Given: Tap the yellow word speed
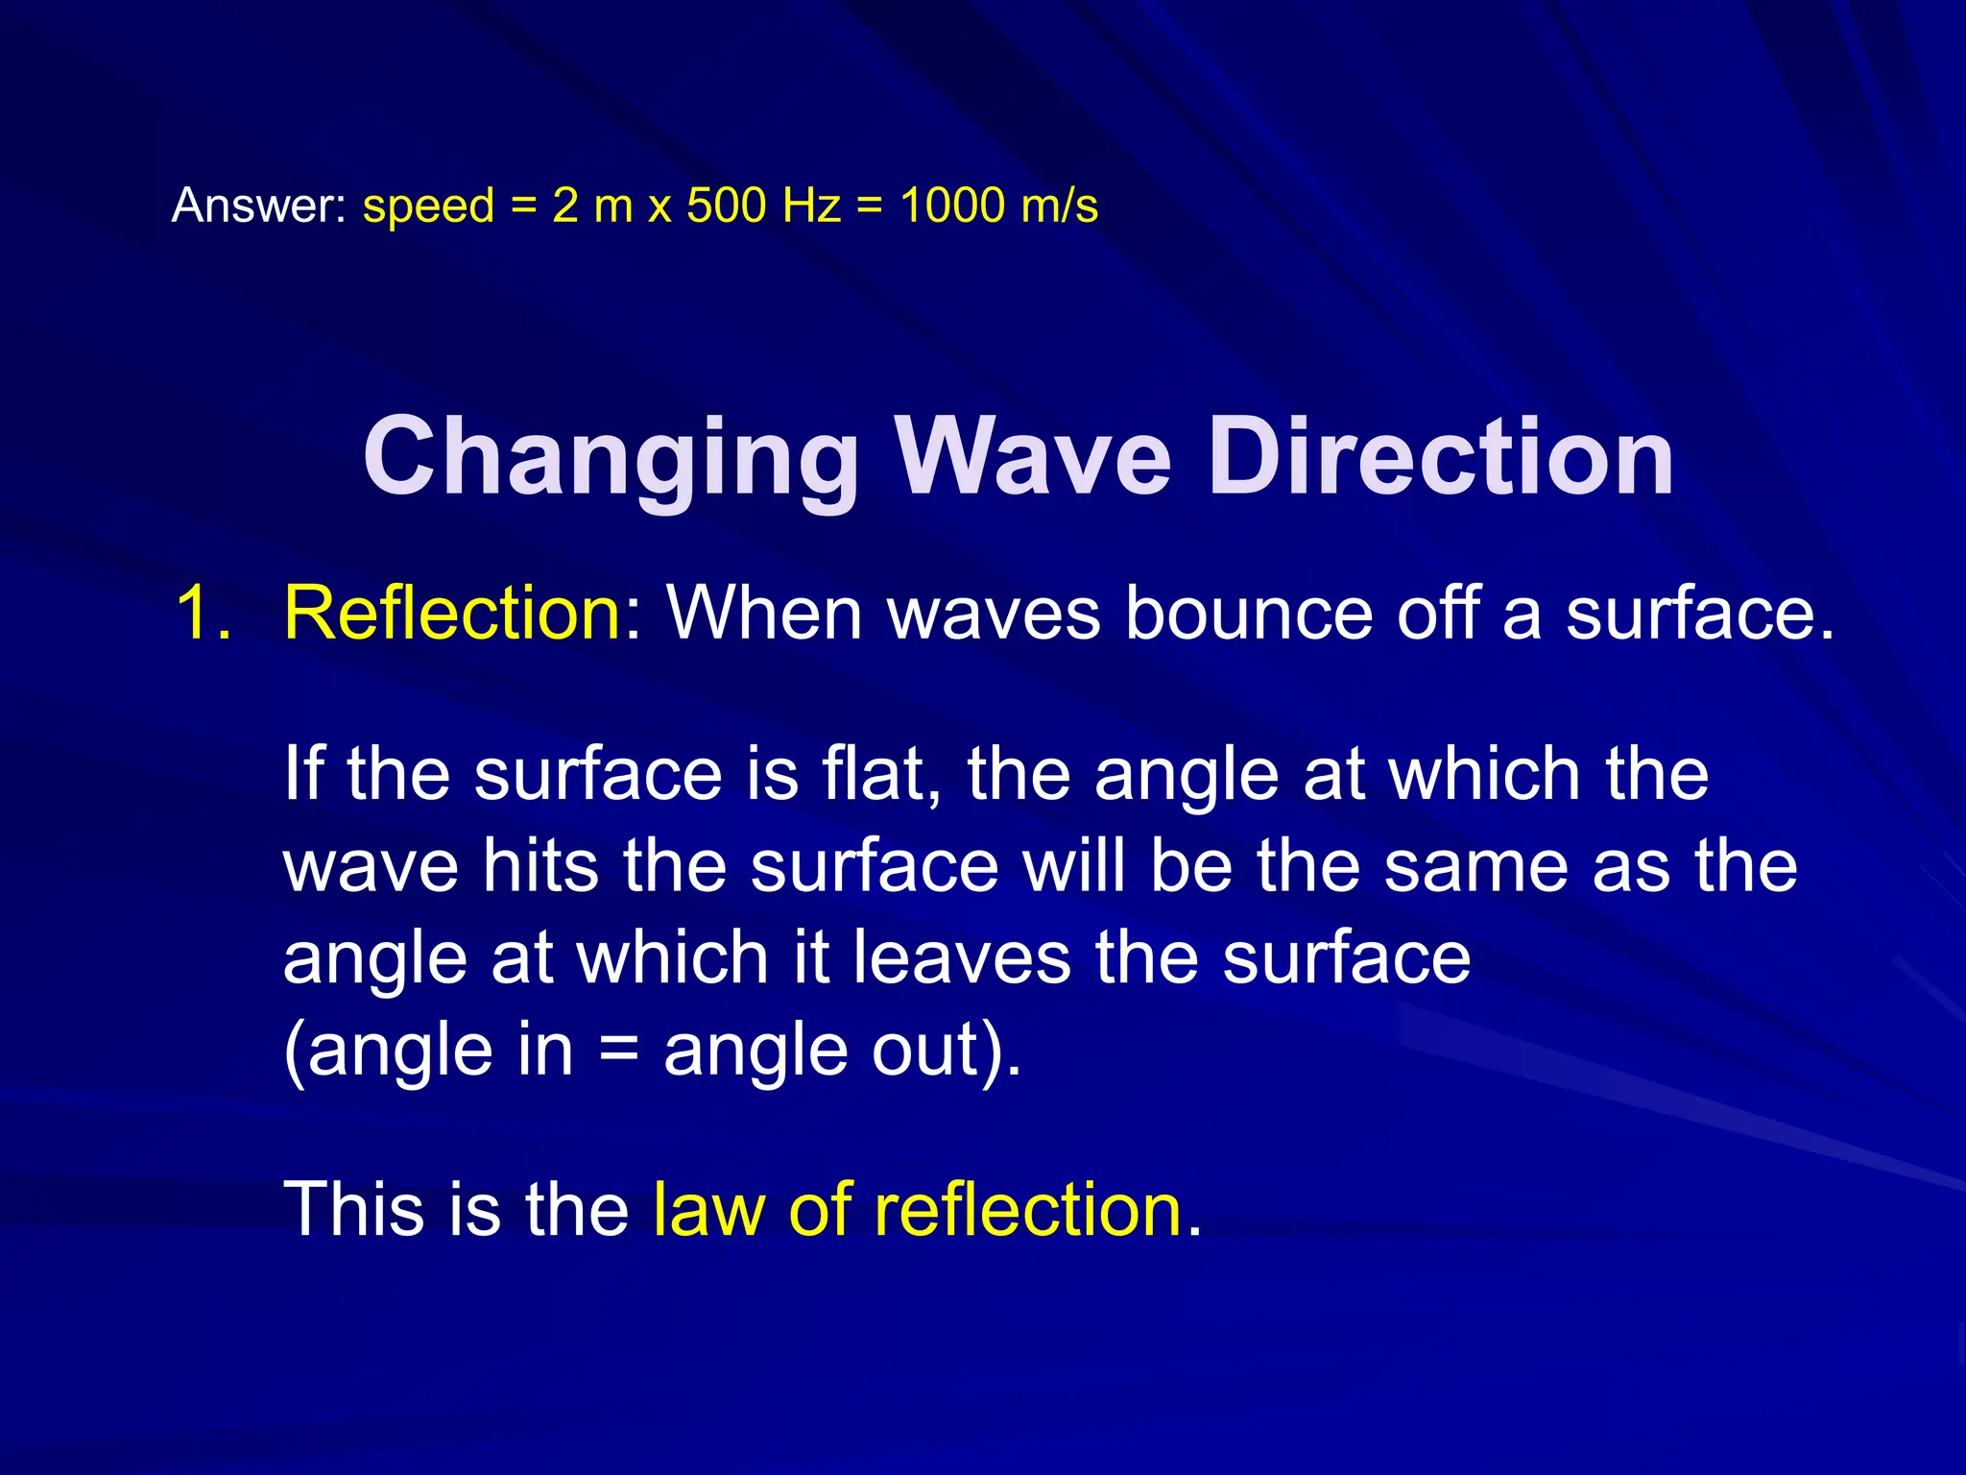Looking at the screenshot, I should coord(428,206).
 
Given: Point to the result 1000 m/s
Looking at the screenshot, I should coord(999,206).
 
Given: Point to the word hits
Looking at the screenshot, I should coord(540,866).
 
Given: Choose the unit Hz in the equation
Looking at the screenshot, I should coord(811,206).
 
